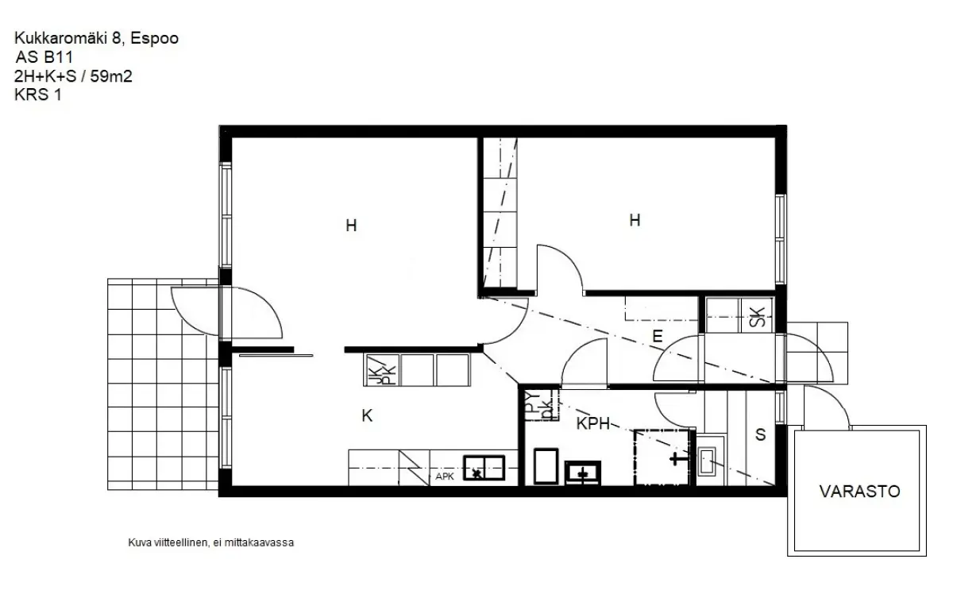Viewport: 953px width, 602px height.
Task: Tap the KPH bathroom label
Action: (593, 424)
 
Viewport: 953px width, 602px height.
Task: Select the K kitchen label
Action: (367, 415)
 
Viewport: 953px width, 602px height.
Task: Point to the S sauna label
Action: (760, 434)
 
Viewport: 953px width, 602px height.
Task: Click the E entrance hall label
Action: (658, 337)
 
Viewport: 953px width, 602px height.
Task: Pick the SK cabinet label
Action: (757, 317)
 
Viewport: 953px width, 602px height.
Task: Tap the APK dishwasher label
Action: (445, 477)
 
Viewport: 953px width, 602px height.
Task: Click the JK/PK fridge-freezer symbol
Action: (382, 371)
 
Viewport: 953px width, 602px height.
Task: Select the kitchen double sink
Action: (484, 468)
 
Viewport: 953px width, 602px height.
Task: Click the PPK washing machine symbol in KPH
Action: (541, 406)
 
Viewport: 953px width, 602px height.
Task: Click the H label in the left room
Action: (351, 226)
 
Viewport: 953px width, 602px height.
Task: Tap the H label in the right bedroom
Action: (635, 220)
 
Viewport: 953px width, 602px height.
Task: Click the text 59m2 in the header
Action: (111, 76)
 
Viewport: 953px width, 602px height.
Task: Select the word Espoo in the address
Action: (154, 38)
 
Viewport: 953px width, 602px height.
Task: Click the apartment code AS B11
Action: (44, 57)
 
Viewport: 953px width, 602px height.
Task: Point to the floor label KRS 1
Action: (38, 95)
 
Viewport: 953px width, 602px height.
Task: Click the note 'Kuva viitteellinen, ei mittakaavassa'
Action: (211, 543)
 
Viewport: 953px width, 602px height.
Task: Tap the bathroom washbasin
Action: (583, 473)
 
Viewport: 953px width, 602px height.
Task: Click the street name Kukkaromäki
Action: (61, 38)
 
